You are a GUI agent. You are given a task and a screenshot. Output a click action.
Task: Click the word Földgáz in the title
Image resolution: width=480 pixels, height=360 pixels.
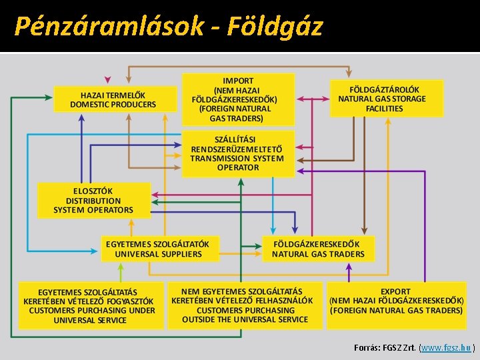click(274, 26)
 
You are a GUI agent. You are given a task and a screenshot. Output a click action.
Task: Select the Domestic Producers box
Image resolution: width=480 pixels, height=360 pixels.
click(113, 99)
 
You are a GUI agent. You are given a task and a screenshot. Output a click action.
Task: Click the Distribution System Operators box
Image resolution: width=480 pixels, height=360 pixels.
click(93, 201)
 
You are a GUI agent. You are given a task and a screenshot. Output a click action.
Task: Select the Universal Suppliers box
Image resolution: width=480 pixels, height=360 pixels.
click(159, 249)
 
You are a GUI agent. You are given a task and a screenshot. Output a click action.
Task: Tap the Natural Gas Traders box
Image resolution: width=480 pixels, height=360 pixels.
click(318, 249)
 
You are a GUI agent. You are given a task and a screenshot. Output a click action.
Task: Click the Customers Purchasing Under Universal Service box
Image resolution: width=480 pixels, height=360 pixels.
click(91, 306)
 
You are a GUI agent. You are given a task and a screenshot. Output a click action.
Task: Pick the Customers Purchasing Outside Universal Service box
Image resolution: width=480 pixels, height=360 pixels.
click(244, 305)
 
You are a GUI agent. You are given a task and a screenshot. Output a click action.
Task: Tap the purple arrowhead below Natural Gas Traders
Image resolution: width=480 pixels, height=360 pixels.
click(349, 267)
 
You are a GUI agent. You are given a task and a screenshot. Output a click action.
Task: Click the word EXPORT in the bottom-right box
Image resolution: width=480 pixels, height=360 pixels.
click(395, 292)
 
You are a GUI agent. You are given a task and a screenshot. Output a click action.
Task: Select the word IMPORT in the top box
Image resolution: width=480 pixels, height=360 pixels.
click(237, 81)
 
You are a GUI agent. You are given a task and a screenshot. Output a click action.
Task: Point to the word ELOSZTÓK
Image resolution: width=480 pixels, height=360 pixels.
click(93, 191)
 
